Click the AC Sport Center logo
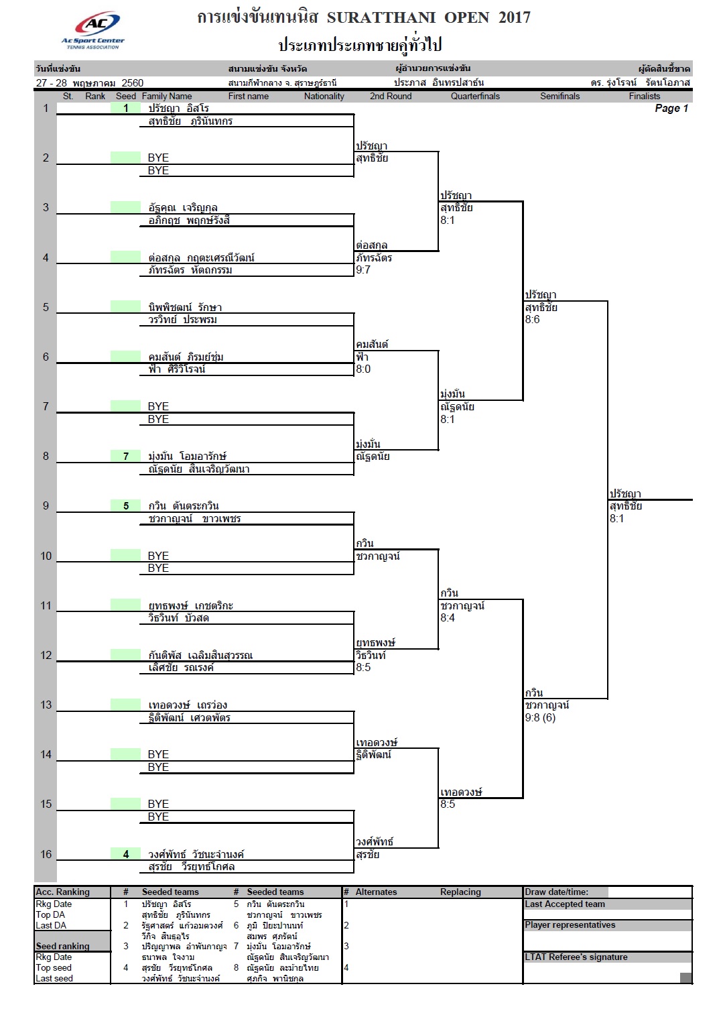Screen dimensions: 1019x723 94,30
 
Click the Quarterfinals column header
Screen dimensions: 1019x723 475,96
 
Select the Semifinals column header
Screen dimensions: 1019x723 560,96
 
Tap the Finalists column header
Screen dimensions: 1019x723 644,96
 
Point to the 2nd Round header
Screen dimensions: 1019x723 391,96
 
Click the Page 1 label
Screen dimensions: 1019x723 671,108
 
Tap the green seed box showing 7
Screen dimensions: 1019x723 126,456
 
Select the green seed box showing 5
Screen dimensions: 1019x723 126,506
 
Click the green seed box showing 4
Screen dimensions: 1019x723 126,854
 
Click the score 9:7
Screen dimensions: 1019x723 363,269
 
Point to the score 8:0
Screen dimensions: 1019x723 363,369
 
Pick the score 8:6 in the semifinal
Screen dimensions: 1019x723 532,319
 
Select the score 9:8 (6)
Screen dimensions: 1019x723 540,717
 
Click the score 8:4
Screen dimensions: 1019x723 448,617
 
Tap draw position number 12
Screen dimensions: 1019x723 46,655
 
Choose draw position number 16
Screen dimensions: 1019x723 46,854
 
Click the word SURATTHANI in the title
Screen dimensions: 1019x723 381,17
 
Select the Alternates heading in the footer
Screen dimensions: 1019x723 376,892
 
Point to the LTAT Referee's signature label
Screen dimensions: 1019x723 576,957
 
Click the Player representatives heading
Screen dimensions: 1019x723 570,924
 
